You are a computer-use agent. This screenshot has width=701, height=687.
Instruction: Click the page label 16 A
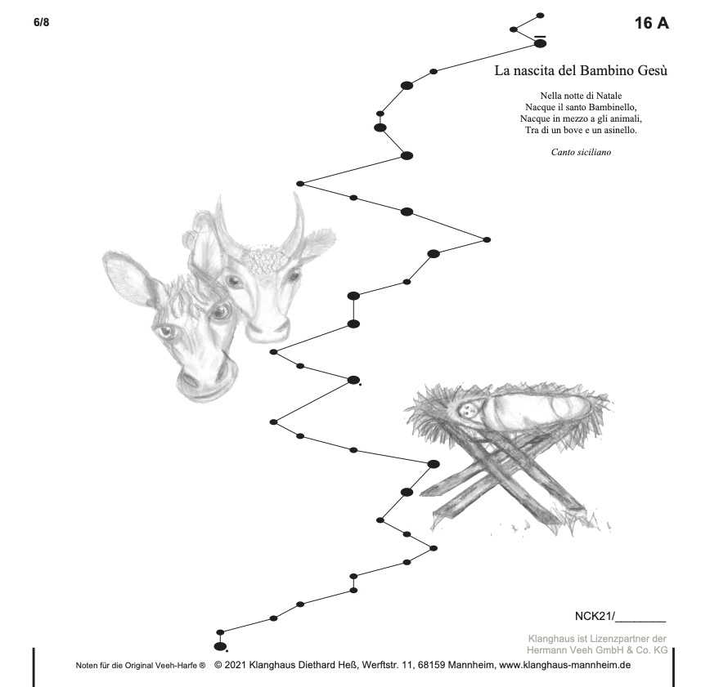[x=652, y=23]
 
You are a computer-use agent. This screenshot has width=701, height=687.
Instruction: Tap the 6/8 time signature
[x=41, y=22]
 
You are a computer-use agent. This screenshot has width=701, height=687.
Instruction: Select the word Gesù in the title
[x=652, y=70]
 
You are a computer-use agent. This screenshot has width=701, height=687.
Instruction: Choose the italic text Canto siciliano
[x=581, y=152]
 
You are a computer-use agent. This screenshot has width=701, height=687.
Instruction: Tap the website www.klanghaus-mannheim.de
[x=564, y=665]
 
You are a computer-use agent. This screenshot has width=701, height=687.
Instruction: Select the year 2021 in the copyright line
[x=235, y=665]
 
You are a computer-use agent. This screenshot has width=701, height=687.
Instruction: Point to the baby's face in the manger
[x=468, y=408]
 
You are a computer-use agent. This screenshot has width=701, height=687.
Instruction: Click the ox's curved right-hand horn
[x=294, y=220]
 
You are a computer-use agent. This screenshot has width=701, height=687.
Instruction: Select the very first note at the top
[x=540, y=16]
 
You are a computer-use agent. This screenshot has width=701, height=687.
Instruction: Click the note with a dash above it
[x=541, y=43]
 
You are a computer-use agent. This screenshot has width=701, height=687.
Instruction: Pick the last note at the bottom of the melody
[x=219, y=646]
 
